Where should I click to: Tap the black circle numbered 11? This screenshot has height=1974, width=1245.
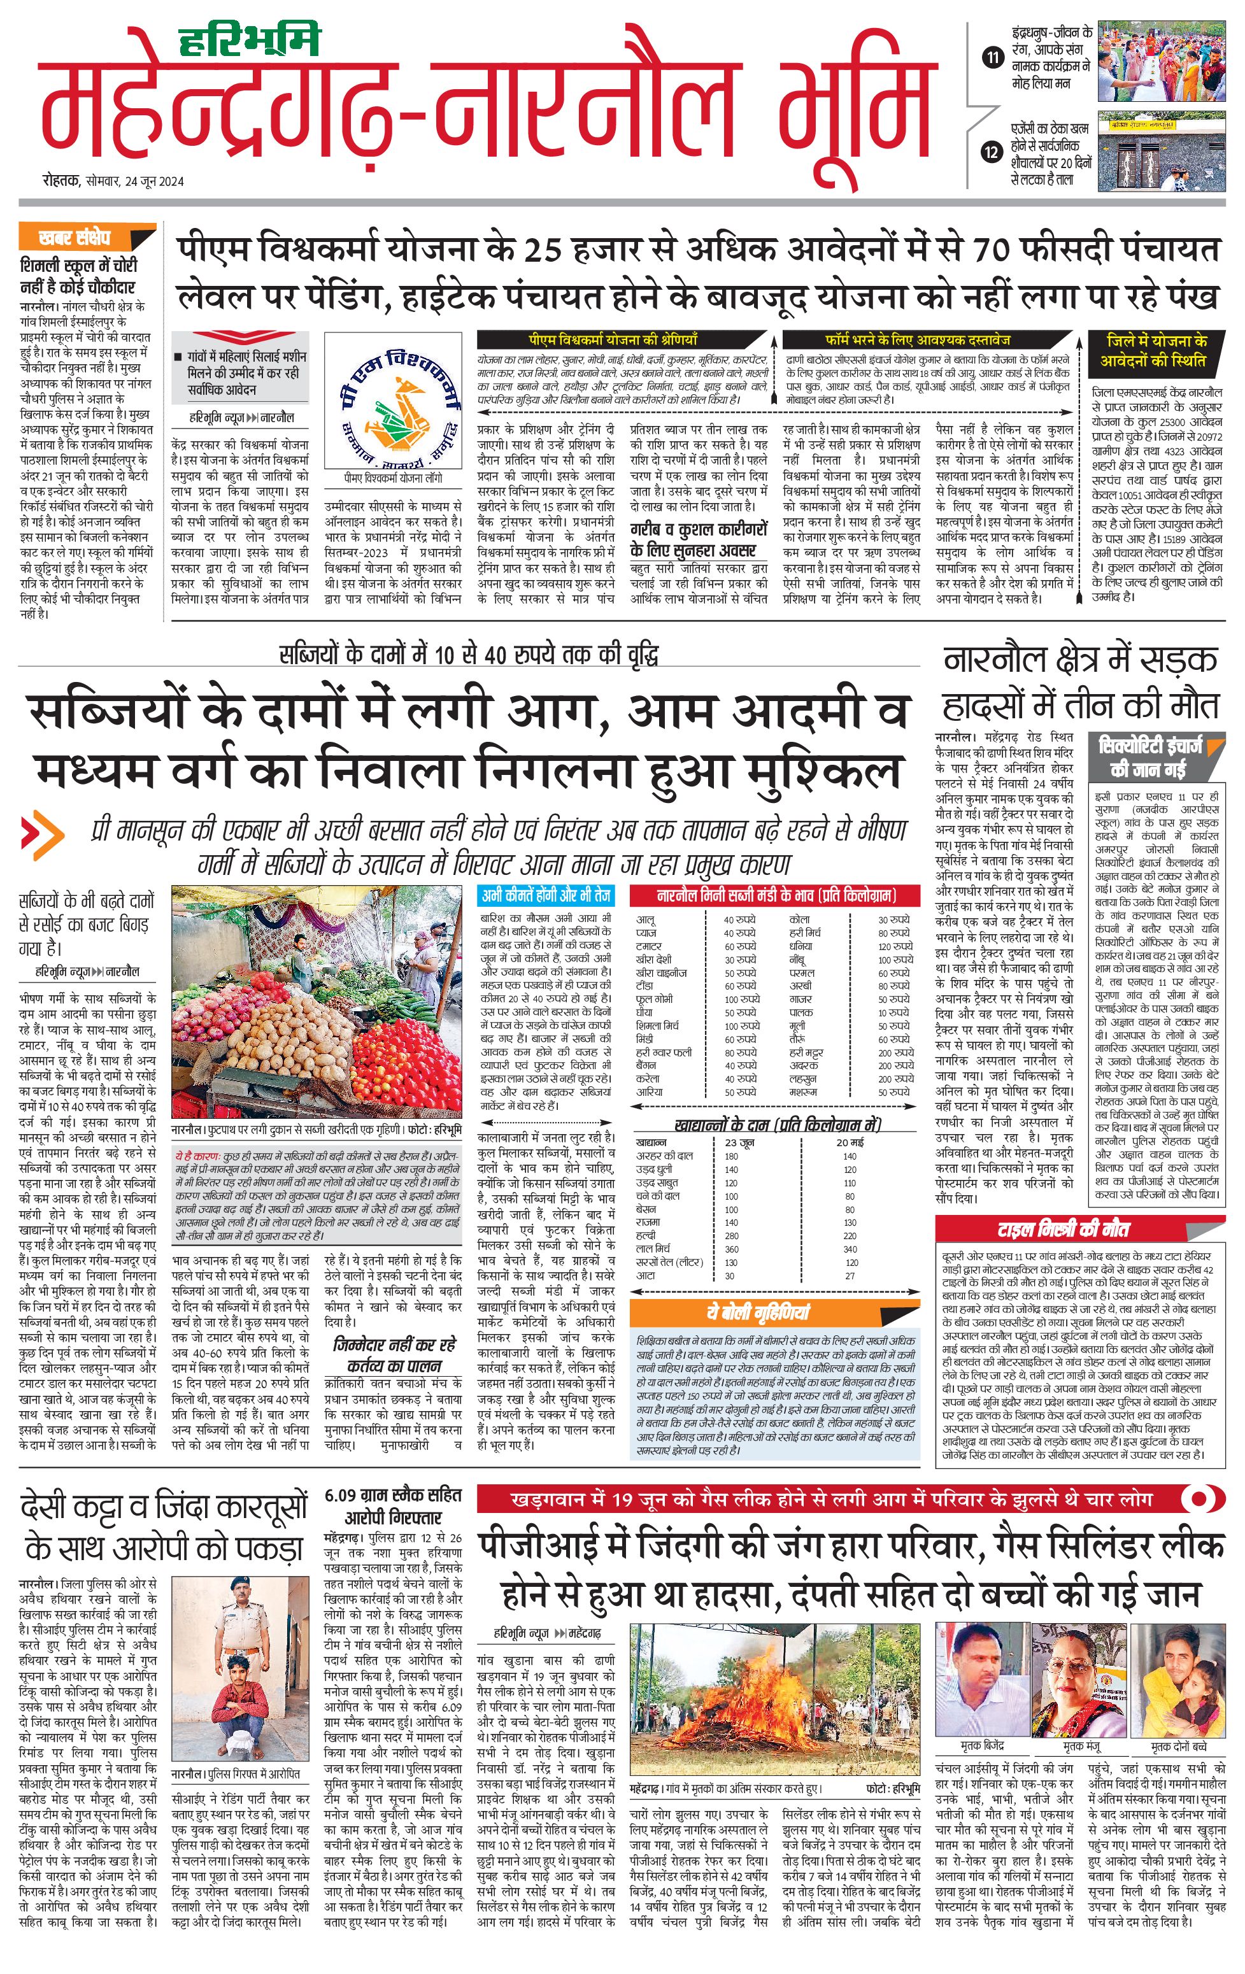pos(993,57)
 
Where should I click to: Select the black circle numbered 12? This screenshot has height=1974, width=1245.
pos(993,152)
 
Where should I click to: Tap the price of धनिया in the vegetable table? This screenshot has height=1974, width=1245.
pos(894,946)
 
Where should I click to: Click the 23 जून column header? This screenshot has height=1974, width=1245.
pos(739,1142)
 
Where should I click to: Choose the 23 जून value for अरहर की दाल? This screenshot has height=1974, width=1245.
pos(731,1156)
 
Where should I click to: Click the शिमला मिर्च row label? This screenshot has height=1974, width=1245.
pos(658,1026)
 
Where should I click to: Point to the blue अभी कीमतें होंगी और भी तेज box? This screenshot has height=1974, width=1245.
pos(546,895)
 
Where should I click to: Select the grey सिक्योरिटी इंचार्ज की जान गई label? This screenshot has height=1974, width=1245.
pos(1150,756)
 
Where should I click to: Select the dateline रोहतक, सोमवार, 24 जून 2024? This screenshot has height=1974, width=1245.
pos(114,181)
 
